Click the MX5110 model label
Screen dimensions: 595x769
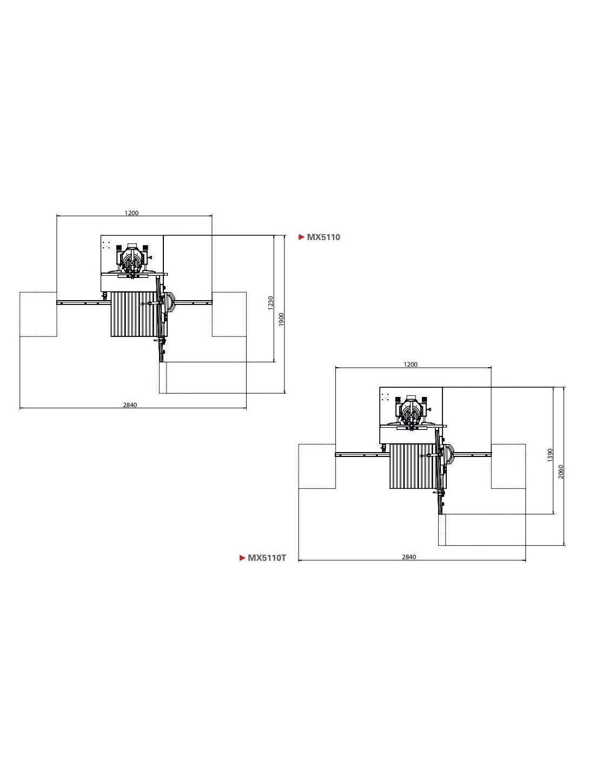click(x=323, y=237)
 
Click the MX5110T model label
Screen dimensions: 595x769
click(x=267, y=558)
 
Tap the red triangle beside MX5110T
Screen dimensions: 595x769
click(x=242, y=558)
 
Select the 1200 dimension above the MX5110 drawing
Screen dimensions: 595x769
click(x=131, y=213)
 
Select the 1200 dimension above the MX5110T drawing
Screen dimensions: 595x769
click(x=411, y=364)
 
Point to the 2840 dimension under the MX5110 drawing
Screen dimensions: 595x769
click(x=130, y=405)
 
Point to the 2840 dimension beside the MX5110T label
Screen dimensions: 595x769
click(x=409, y=557)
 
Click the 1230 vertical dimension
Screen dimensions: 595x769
click(x=271, y=303)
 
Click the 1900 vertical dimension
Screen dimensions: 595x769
click(x=281, y=319)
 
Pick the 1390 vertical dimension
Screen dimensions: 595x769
click(x=550, y=455)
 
